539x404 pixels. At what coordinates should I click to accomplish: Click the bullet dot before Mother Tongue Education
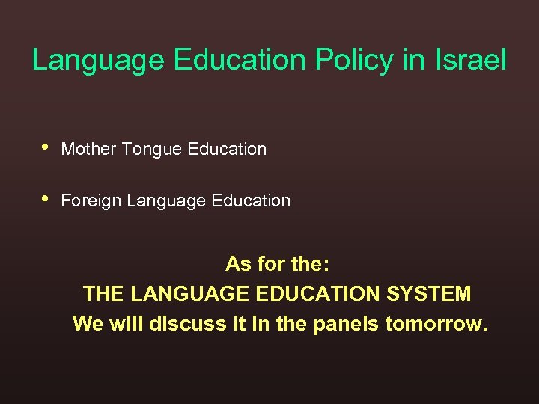pyautogui.click(x=46, y=147)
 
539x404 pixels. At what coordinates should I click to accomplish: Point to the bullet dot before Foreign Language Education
pyautogui.click(x=46, y=199)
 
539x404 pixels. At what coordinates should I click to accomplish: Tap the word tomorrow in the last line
pyautogui.click(x=436, y=324)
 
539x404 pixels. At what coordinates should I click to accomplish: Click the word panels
pyautogui.click(x=349, y=324)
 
